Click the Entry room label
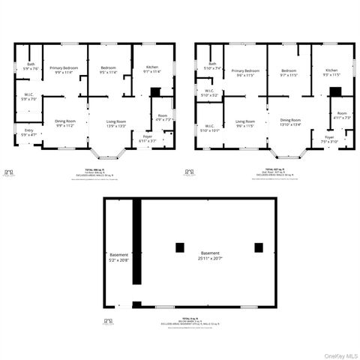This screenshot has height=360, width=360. tap(28, 132)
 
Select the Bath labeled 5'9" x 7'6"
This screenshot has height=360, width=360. tap(31, 66)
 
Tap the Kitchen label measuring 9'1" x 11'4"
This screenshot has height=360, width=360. tap(152, 70)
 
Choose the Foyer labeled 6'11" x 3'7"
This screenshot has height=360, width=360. tap(147, 139)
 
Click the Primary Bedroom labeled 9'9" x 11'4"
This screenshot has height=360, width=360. tap(65, 70)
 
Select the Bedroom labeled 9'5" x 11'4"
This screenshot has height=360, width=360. tap(109, 70)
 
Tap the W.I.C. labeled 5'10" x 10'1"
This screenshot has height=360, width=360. tap(210, 127)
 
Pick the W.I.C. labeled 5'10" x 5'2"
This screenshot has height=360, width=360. tap(209, 93)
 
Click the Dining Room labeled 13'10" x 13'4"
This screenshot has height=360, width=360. tap(290, 122)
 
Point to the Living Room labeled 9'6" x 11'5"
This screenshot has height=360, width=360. tap(245, 123)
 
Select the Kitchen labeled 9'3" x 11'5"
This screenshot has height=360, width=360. tap(331, 73)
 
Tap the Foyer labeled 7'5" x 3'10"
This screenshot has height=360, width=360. tap(329, 139)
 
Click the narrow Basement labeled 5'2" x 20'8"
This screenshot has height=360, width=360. tap(119, 257)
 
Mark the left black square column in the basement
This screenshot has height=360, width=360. tap(179, 247)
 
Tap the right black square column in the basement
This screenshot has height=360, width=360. tap(259, 247)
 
